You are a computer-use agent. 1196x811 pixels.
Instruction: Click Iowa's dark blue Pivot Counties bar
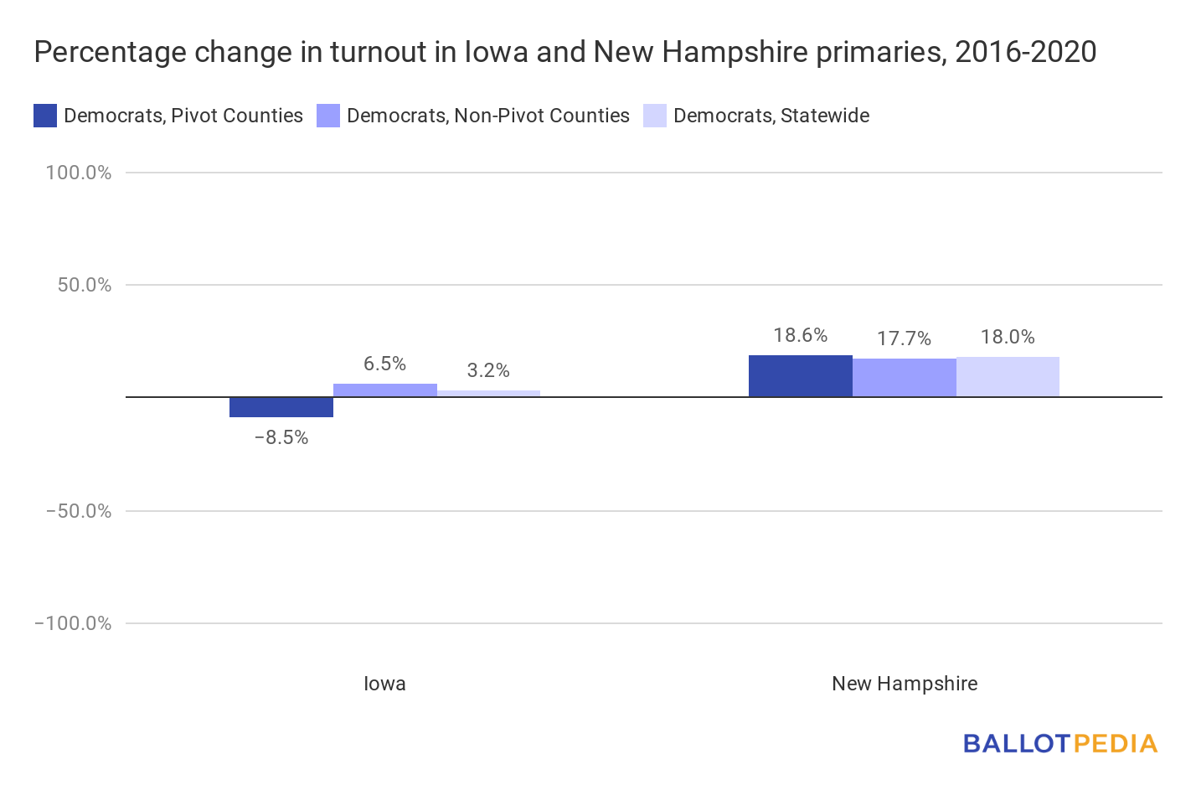pyautogui.click(x=281, y=407)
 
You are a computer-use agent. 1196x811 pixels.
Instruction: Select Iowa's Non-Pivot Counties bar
pyautogui.click(x=385, y=390)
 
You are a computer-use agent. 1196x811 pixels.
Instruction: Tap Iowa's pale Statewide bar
pyautogui.click(x=489, y=394)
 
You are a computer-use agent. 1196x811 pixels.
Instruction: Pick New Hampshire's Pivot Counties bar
pyautogui.click(x=801, y=376)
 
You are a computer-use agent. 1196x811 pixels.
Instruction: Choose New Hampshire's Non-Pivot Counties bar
pyautogui.click(x=905, y=378)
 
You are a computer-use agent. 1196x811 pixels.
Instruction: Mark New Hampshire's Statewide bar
pyautogui.click(x=1008, y=377)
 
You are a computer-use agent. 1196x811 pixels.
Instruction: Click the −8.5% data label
pyautogui.click(x=281, y=438)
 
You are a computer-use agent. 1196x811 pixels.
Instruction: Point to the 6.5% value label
pyautogui.click(x=384, y=364)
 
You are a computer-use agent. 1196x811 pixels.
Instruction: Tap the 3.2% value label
pyautogui.click(x=488, y=370)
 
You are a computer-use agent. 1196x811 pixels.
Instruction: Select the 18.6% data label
pyautogui.click(x=801, y=336)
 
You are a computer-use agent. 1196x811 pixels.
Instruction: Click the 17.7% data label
pyautogui.click(x=905, y=338)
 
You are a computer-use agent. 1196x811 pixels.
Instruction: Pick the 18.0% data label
pyautogui.click(x=1008, y=337)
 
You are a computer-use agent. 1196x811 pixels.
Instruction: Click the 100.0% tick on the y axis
pyautogui.click(x=79, y=173)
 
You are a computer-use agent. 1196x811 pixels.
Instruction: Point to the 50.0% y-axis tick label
pyautogui.click(x=85, y=285)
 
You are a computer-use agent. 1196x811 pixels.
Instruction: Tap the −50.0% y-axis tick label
pyautogui.click(x=79, y=511)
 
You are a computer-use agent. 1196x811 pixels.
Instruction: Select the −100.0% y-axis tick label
pyautogui.click(x=73, y=623)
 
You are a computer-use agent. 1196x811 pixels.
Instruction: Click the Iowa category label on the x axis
pyautogui.click(x=384, y=684)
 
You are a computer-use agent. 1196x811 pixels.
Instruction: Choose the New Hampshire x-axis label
pyautogui.click(x=905, y=684)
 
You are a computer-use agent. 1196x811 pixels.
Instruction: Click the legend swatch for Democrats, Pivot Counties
pyautogui.click(x=45, y=116)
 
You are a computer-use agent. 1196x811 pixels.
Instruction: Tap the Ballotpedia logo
pyautogui.click(x=1060, y=744)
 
